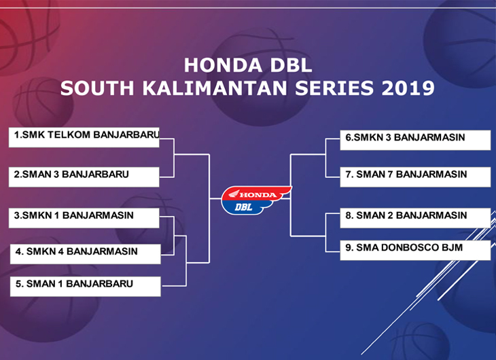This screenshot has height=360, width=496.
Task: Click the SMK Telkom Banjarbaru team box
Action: (84, 137)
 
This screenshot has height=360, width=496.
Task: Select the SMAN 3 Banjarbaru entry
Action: (84, 177)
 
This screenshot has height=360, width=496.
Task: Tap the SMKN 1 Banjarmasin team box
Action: (84, 218)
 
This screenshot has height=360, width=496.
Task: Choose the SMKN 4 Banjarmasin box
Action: (86, 254)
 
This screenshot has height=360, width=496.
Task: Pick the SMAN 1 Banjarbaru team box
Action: (86, 286)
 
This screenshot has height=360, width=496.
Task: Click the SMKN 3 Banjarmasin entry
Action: (415, 140)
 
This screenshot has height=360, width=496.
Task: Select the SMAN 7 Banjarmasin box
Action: (415, 177)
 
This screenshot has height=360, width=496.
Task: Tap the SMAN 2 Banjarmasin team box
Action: (415, 218)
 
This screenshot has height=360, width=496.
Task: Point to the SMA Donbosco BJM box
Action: (415, 250)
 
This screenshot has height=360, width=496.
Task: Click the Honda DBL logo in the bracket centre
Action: (255, 200)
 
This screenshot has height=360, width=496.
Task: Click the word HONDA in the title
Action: (223, 65)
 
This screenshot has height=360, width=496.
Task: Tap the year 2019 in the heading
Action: (408, 88)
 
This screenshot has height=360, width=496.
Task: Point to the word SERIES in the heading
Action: (334, 88)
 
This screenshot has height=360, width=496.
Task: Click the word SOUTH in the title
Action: (97, 88)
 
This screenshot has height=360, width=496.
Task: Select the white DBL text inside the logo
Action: (243, 207)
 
